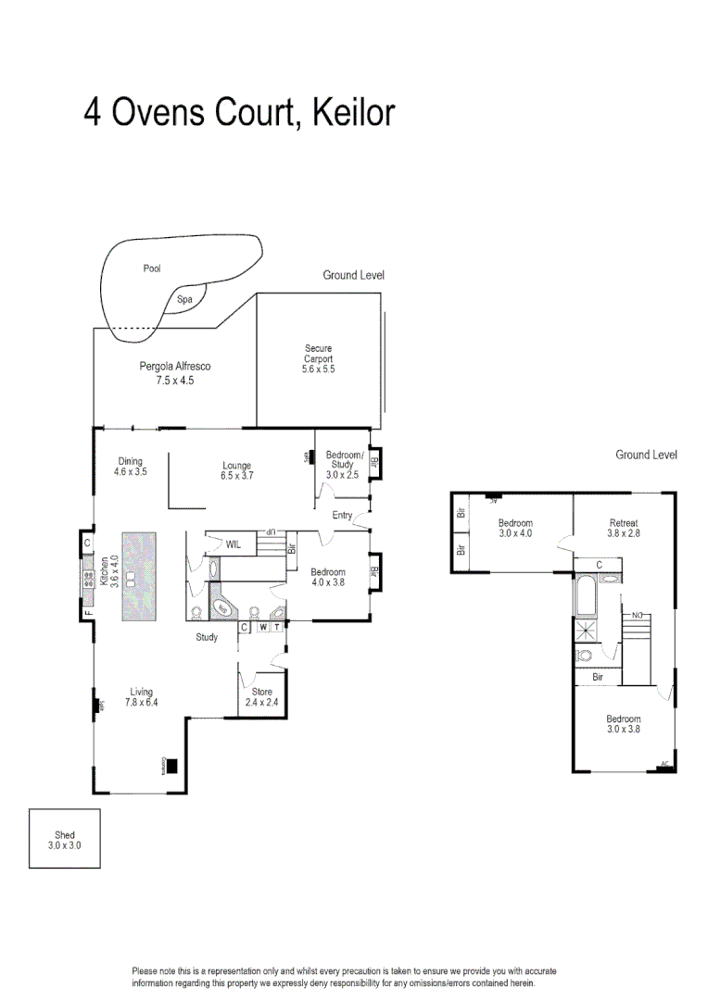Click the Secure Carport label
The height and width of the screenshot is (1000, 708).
(x=318, y=354)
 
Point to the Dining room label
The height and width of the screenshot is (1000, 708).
(x=130, y=461)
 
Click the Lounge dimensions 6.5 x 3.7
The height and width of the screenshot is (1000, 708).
(x=237, y=475)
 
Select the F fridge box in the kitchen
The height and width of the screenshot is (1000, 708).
(x=87, y=613)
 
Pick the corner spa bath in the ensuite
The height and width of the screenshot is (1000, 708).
(x=222, y=607)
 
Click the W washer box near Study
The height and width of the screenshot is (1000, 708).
(x=262, y=627)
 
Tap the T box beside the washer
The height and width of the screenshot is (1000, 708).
(x=276, y=627)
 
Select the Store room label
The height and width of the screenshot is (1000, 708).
(x=262, y=691)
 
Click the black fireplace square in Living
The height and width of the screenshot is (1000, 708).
(x=171, y=767)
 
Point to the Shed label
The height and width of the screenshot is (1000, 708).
(x=64, y=835)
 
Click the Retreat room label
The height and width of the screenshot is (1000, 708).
(x=624, y=523)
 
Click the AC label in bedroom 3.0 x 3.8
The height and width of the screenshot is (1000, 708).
(x=664, y=765)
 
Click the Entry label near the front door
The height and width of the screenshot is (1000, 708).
(x=342, y=516)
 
